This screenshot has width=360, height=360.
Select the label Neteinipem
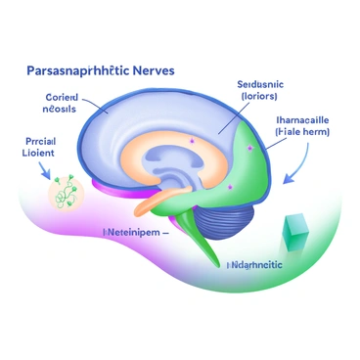(135, 234)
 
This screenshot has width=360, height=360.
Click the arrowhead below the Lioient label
(45, 176)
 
